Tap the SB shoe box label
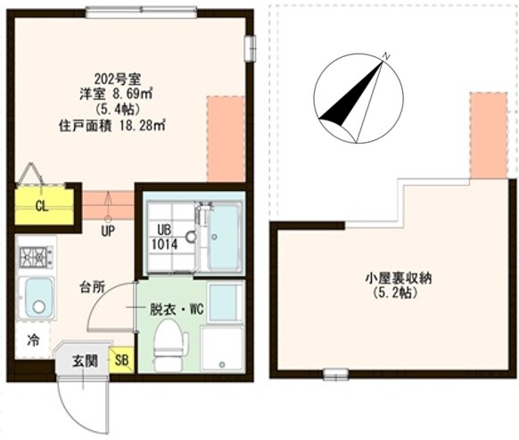click(121, 361)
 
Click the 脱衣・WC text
click(177, 310)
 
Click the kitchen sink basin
click(37, 297)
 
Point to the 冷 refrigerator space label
click(33, 340)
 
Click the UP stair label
click(107, 230)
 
